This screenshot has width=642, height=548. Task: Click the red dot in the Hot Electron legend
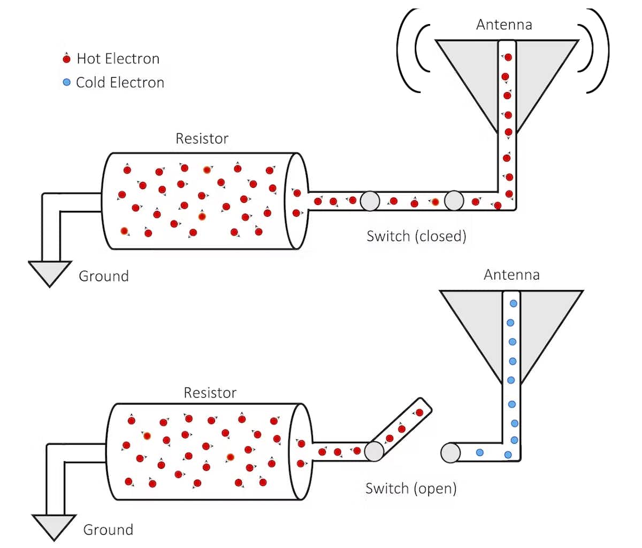(x=67, y=59)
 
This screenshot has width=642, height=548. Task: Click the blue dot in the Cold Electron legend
(x=66, y=82)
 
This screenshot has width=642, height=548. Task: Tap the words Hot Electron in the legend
(x=118, y=58)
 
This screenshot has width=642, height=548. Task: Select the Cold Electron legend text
(x=120, y=82)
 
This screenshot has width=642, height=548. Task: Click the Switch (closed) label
(x=416, y=236)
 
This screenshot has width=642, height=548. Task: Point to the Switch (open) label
(x=411, y=488)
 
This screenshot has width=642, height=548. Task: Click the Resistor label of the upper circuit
(x=202, y=139)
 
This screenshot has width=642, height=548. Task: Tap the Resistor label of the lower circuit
(x=210, y=393)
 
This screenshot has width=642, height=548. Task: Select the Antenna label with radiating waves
(x=504, y=25)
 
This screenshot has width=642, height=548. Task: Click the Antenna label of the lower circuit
(x=511, y=275)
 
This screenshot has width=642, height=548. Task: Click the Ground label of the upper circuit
(x=104, y=276)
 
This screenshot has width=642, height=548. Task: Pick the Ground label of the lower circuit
(x=108, y=530)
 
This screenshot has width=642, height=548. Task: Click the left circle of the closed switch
(x=370, y=201)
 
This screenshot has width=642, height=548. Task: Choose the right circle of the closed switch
(x=454, y=201)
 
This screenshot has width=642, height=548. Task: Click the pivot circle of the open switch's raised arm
(x=374, y=451)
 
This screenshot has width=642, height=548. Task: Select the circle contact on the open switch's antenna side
(x=450, y=453)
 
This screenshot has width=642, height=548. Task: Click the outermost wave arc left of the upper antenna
(x=402, y=51)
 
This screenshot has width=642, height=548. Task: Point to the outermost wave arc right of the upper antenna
(x=605, y=51)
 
